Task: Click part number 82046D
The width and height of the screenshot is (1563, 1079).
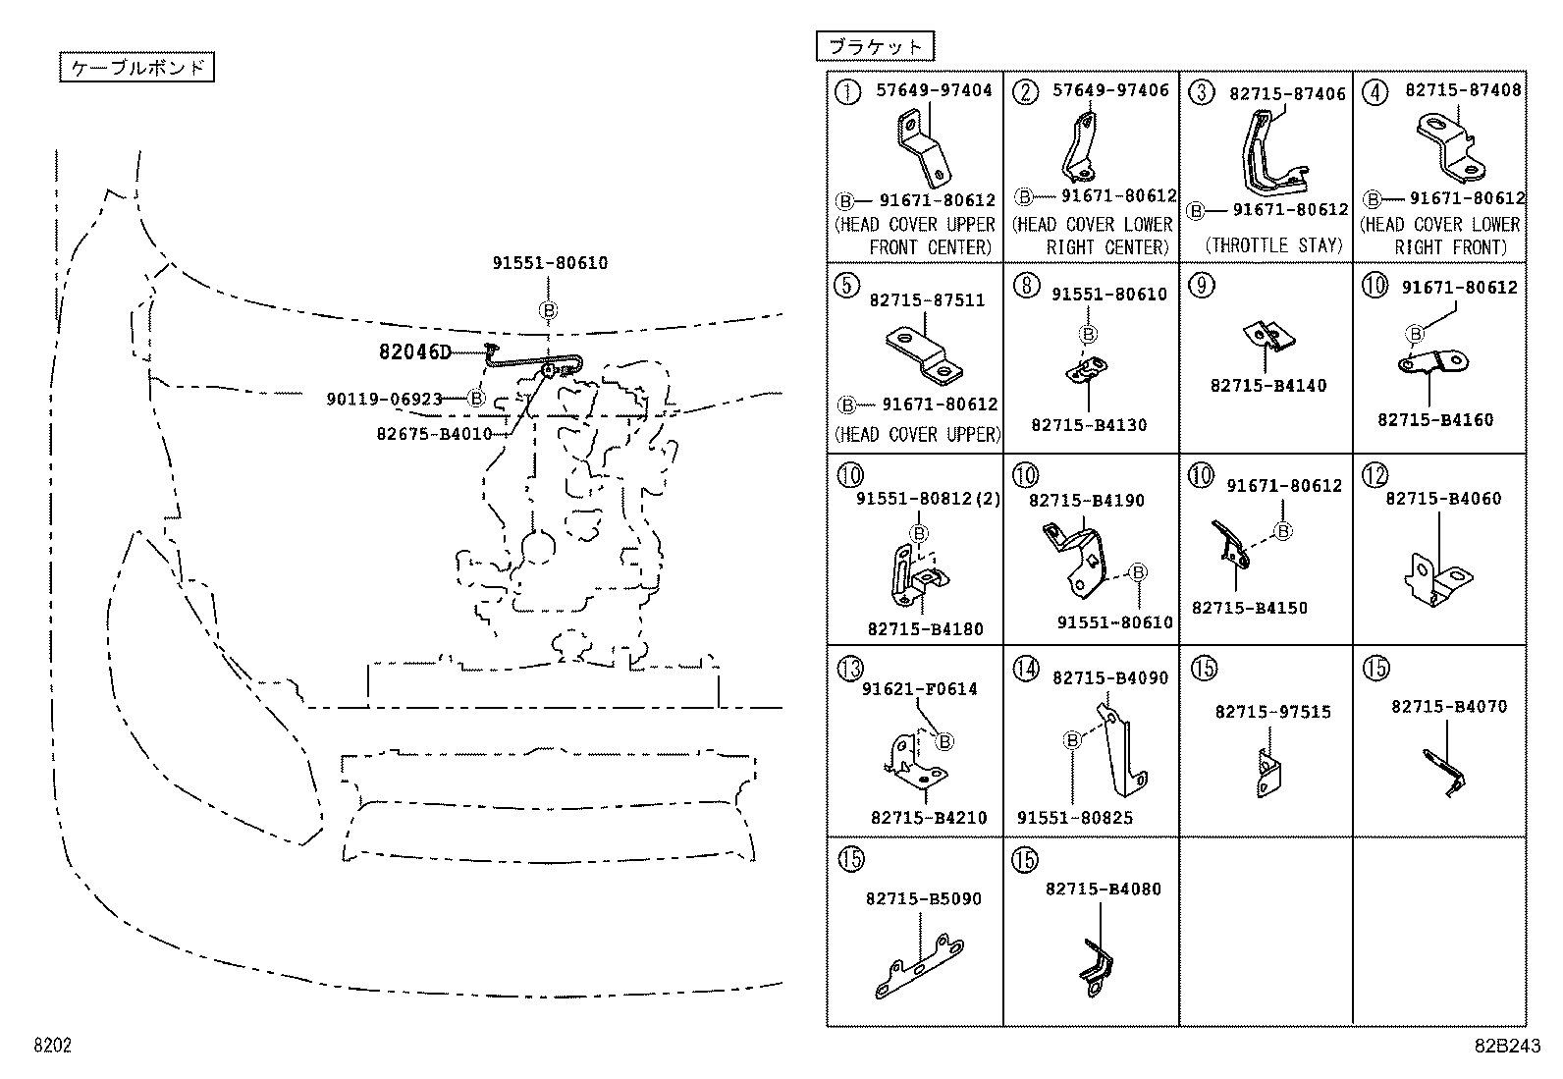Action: click(414, 352)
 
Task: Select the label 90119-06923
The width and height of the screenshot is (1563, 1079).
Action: click(384, 399)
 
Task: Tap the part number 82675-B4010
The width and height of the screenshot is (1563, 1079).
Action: click(433, 433)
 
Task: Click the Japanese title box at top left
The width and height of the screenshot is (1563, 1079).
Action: click(136, 68)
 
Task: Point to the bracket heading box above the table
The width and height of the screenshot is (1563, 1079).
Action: click(875, 46)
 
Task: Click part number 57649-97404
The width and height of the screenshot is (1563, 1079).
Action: click(934, 90)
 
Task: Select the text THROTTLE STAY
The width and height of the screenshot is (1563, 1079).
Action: click(1273, 245)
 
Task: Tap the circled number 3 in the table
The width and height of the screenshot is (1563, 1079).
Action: click(1201, 92)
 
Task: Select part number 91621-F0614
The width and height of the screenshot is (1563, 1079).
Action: click(919, 689)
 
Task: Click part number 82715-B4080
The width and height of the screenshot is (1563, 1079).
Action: click(1103, 890)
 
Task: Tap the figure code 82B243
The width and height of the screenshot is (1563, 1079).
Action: click(1512, 1046)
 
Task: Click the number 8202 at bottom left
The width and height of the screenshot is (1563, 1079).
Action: click(53, 1046)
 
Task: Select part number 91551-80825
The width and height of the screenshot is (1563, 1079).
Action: click(1074, 818)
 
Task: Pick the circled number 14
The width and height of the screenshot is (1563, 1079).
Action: click(1025, 670)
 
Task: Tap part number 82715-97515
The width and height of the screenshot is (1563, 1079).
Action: click(1272, 712)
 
